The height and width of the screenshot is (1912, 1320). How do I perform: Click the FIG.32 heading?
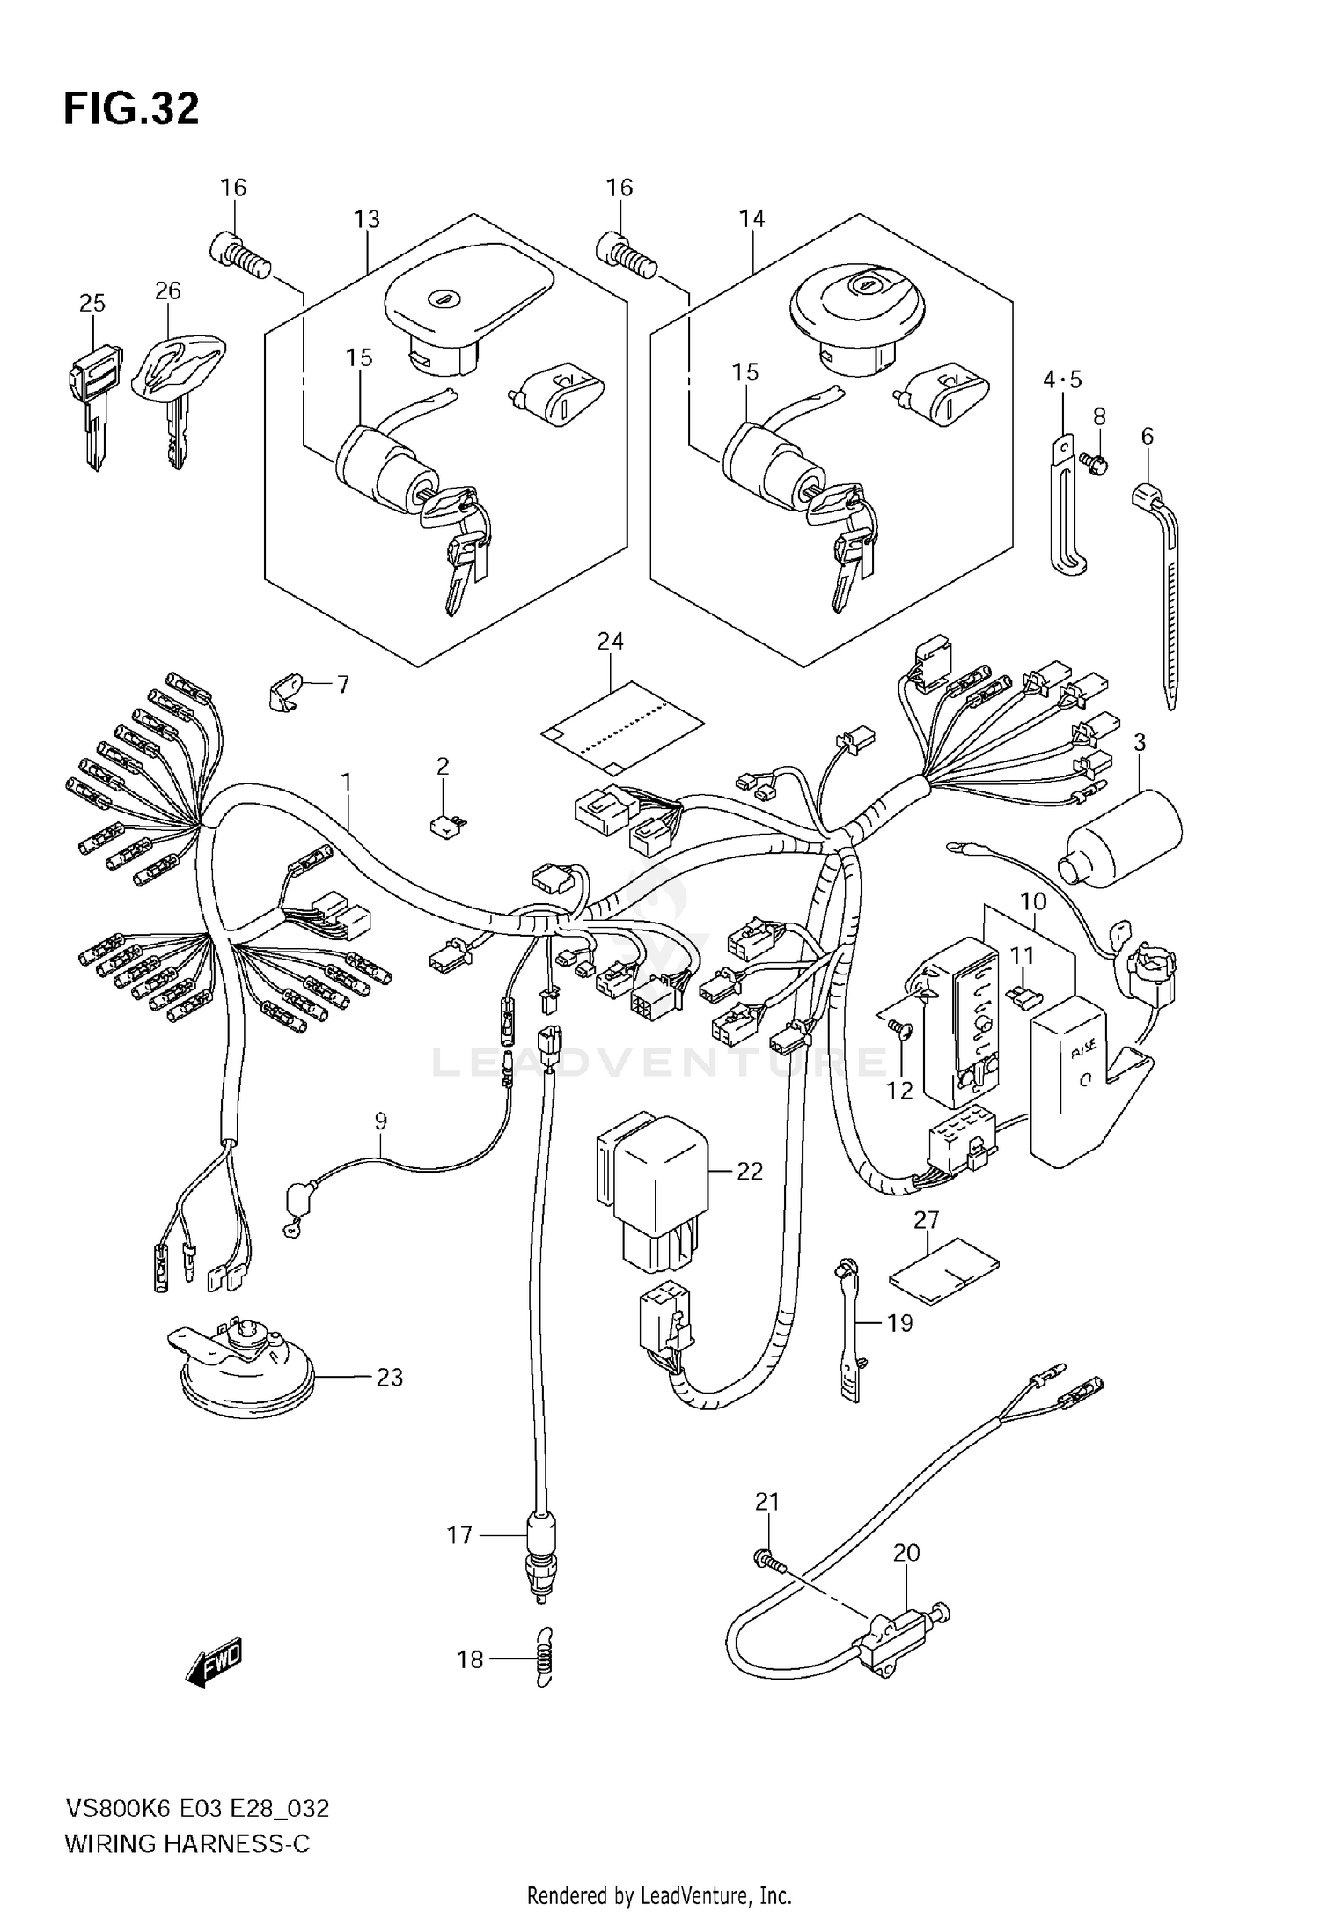coord(131,109)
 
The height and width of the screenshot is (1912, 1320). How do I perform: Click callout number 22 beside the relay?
coord(750,1172)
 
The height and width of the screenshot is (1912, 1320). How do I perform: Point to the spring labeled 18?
coord(544,1659)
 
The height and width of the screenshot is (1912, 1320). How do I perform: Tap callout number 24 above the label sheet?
coord(610,642)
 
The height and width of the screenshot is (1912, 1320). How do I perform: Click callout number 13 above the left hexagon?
coord(367,219)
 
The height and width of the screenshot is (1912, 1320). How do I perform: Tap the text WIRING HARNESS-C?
coord(187,1844)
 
